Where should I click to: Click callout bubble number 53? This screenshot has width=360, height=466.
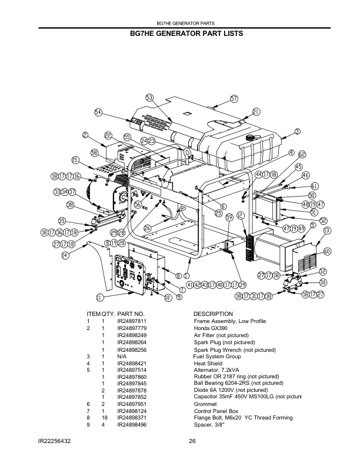[149, 98]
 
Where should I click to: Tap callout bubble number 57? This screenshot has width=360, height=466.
[234, 98]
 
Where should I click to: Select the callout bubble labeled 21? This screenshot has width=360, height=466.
[256, 111]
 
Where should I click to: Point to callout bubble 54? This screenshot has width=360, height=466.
[98, 112]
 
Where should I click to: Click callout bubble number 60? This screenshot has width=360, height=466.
[327, 251]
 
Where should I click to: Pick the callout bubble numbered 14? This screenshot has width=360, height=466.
[65, 255]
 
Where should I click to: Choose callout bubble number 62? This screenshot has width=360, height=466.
[302, 154]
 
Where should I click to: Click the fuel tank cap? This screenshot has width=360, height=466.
[251, 137]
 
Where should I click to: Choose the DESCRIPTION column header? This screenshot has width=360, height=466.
[213, 314]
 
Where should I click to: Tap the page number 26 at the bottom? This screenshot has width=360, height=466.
[192, 441]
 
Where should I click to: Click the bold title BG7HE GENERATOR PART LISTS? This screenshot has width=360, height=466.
[186, 34]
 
